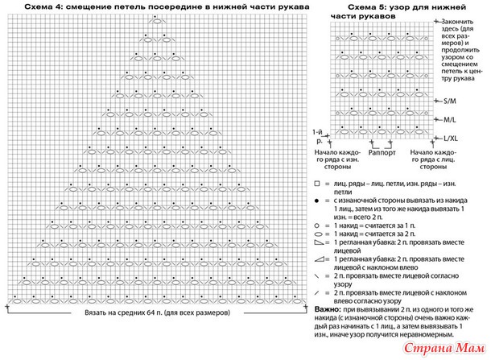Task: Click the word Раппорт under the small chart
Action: tap(382, 151)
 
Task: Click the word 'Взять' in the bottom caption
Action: tap(95, 312)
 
